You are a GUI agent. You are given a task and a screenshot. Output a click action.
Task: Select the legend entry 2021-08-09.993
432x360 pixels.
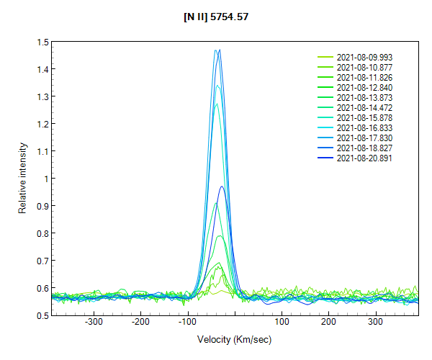(x=364, y=57)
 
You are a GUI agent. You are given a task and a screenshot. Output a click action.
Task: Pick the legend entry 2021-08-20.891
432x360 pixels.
(x=364, y=158)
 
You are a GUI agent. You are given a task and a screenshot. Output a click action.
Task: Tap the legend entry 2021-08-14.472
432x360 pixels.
(x=364, y=107)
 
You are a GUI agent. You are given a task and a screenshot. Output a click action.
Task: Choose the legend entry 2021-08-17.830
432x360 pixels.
(x=364, y=138)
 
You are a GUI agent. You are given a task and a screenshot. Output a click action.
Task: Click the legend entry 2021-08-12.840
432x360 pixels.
(x=364, y=87)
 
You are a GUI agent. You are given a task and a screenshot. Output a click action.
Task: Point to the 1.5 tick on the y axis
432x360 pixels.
(x=44, y=42)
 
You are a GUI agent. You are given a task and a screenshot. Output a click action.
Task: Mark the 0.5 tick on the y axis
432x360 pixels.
(x=44, y=315)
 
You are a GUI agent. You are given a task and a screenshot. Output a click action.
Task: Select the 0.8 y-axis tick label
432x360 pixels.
(x=44, y=233)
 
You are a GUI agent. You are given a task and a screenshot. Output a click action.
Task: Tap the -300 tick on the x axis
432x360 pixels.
(x=94, y=323)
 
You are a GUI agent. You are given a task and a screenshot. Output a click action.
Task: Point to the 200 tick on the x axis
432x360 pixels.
(x=328, y=323)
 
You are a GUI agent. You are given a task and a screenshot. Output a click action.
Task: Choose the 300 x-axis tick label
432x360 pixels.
(x=375, y=323)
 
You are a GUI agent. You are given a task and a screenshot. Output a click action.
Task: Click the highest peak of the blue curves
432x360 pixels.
(x=219, y=50)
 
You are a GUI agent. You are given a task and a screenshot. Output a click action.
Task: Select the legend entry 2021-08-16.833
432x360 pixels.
(x=364, y=127)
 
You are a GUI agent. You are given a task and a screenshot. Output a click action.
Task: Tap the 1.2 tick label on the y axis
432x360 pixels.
(x=44, y=124)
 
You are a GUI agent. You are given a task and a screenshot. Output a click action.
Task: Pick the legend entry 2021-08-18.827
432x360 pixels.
(x=364, y=148)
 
